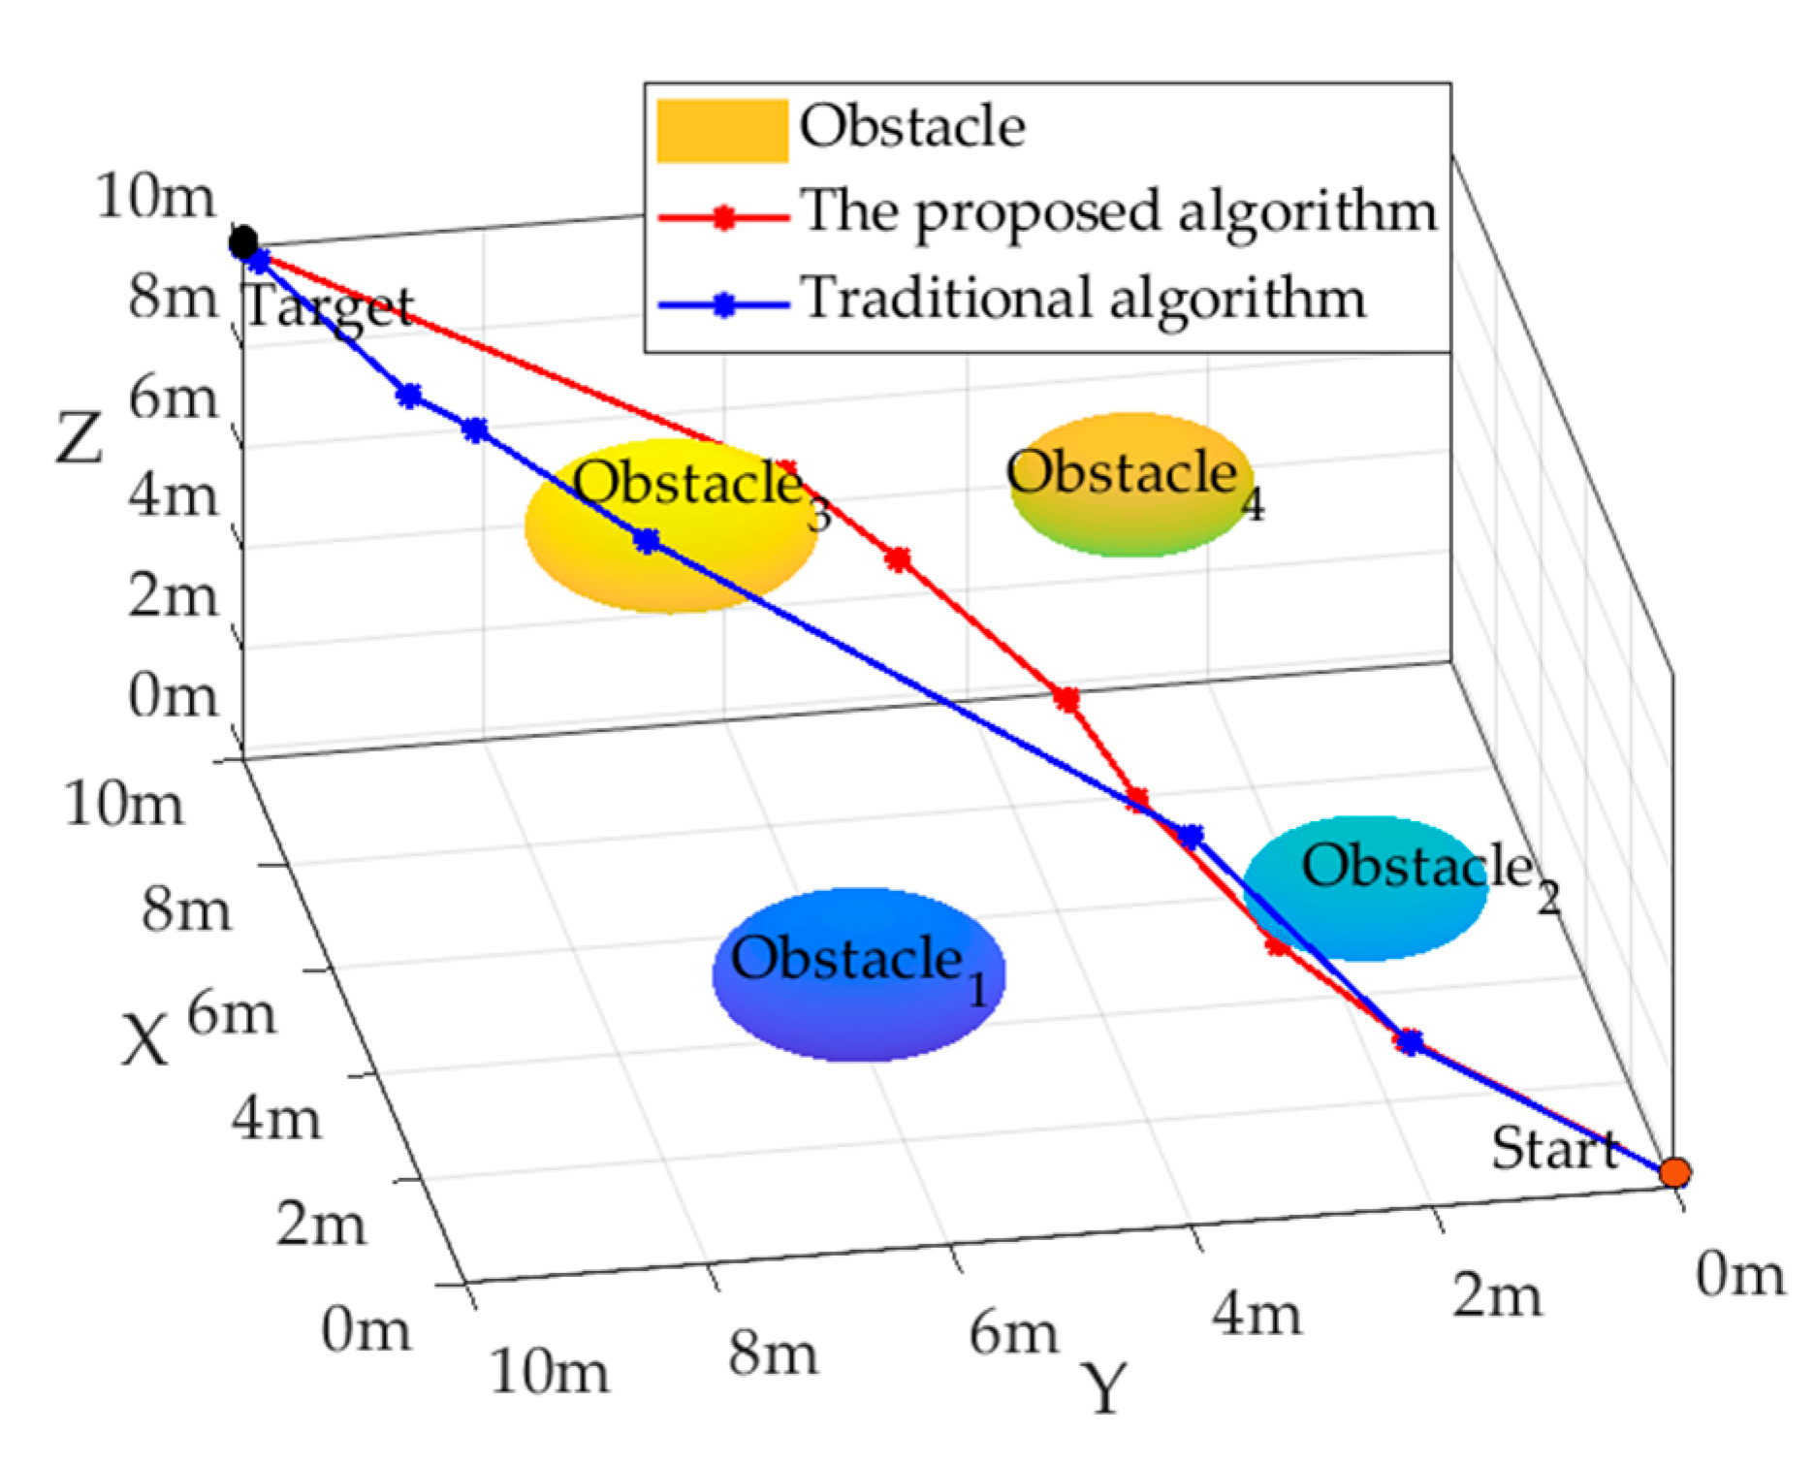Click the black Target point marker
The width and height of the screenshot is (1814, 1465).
[x=243, y=241]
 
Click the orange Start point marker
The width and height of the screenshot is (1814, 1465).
[x=1674, y=1172]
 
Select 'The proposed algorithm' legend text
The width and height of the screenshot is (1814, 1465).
[x=1118, y=210]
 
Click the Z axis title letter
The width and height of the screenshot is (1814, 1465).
[x=79, y=437]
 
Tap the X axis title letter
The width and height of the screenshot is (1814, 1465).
[x=144, y=1040]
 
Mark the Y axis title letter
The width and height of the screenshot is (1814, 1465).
[x=1105, y=1388]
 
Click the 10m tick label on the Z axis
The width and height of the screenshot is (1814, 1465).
[x=155, y=197]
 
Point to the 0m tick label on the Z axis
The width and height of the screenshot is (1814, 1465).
[x=173, y=696]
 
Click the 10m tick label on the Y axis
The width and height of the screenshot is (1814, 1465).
[x=550, y=1371]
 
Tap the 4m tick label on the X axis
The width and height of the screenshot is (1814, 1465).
[x=275, y=1119]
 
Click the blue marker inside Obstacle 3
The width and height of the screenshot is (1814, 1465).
[x=647, y=541]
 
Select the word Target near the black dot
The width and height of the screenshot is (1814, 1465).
[x=330, y=308]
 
